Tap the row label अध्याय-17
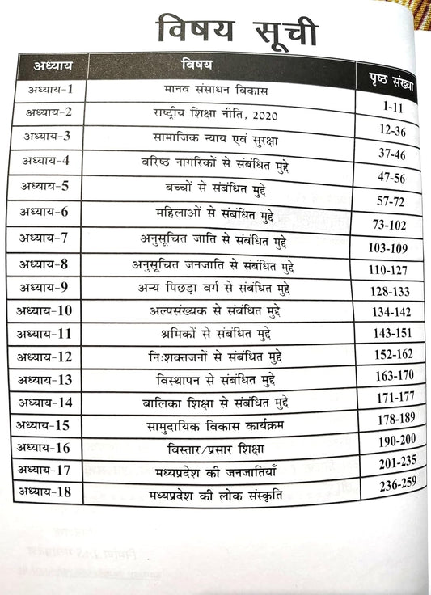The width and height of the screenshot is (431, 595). pyautogui.click(x=49, y=468)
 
